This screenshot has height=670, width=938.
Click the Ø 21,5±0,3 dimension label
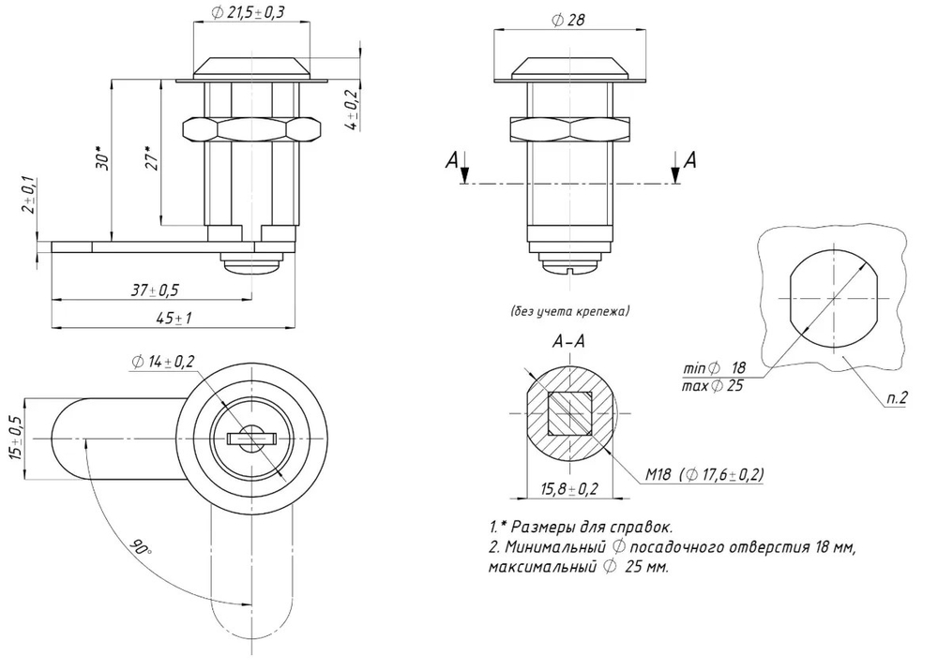251,12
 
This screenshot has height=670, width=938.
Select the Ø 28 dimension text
568,20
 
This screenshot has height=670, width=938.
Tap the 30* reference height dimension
103,158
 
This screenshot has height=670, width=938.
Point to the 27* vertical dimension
153,158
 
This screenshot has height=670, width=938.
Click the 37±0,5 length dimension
156,290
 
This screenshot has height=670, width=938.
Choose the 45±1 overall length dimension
174,318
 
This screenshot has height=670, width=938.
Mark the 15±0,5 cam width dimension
16,439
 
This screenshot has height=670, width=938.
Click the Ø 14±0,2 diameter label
162,361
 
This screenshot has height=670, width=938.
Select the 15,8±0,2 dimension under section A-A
569,489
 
